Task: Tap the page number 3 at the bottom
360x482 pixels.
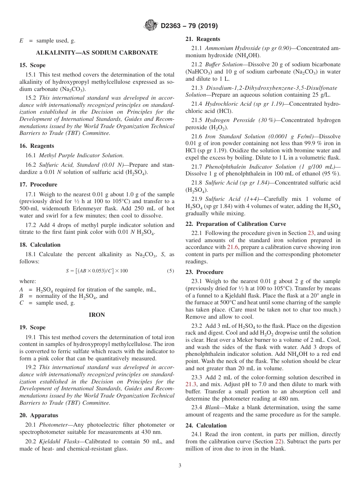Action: pos(180,465)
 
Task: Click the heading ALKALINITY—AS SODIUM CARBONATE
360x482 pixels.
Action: pos(97,53)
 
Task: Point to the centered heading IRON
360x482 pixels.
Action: pos(97,315)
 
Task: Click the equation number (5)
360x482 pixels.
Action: pos(170,271)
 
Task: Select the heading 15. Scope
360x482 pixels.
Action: pos(32,65)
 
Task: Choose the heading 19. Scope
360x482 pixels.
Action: pos(32,327)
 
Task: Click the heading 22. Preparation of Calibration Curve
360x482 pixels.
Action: pos(236,224)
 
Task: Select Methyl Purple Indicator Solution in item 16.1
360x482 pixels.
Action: pos(81,155)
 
